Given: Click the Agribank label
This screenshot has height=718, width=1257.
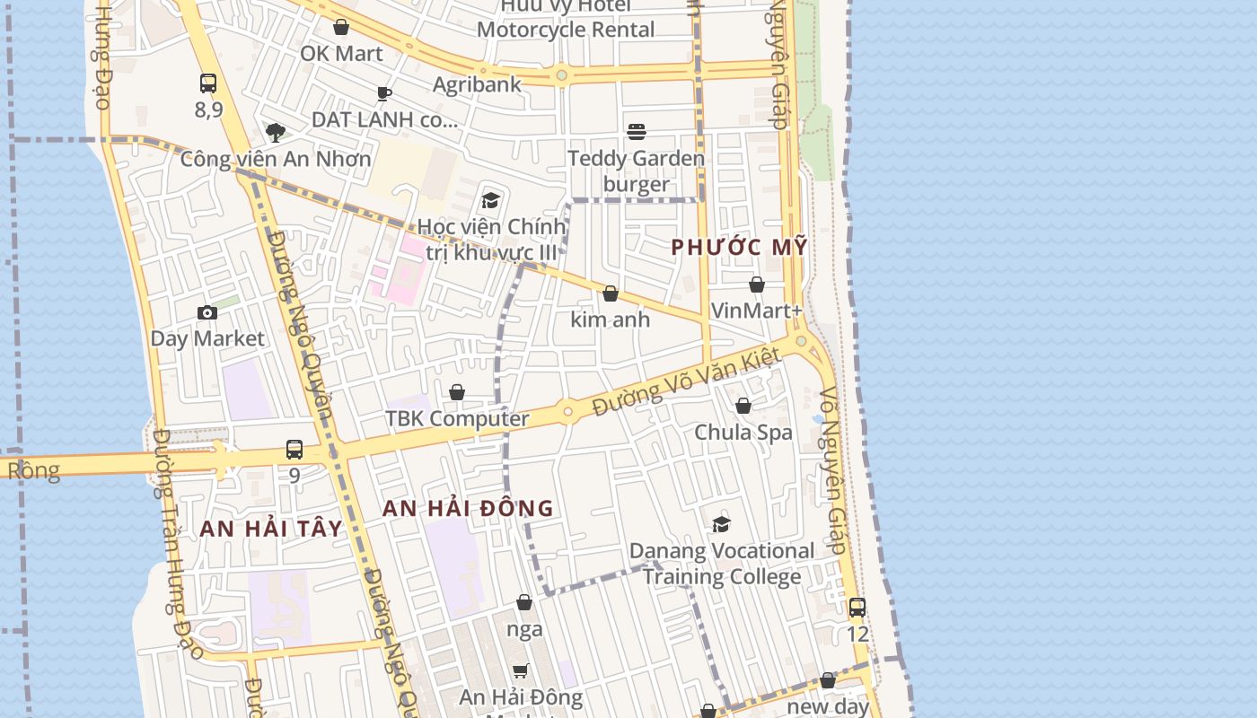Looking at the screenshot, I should [477, 84].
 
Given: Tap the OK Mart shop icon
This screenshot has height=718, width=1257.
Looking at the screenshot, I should [341, 28].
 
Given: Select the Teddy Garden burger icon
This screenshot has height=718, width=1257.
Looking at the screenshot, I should [637, 133].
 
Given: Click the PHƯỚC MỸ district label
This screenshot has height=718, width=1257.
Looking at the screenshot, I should [739, 247].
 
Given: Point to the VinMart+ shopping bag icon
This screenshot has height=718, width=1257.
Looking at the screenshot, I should [757, 285].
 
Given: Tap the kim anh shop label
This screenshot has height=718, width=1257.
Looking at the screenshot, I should [611, 319].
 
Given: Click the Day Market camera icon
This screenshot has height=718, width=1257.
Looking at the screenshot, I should [207, 313].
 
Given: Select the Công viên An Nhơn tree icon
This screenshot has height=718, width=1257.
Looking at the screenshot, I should [276, 133].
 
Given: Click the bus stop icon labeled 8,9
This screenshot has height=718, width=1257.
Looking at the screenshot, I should [208, 83].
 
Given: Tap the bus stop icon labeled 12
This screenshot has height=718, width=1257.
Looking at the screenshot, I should [857, 608].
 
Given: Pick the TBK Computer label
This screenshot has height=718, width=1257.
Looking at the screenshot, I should [457, 418].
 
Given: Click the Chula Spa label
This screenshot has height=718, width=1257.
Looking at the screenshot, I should [743, 432].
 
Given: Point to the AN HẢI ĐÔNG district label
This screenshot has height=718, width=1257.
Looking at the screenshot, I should [468, 508].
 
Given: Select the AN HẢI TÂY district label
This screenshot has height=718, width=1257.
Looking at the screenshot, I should [271, 528].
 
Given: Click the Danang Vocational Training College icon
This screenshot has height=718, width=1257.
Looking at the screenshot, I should [721, 525].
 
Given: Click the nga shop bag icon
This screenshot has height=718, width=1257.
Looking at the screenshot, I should [524, 602].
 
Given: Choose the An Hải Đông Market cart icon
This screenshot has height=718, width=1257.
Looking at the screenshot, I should [521, 670].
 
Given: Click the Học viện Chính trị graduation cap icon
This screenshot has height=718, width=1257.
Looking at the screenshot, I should [490, 200].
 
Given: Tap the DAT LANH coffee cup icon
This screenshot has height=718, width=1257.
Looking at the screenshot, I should [384, 93].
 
